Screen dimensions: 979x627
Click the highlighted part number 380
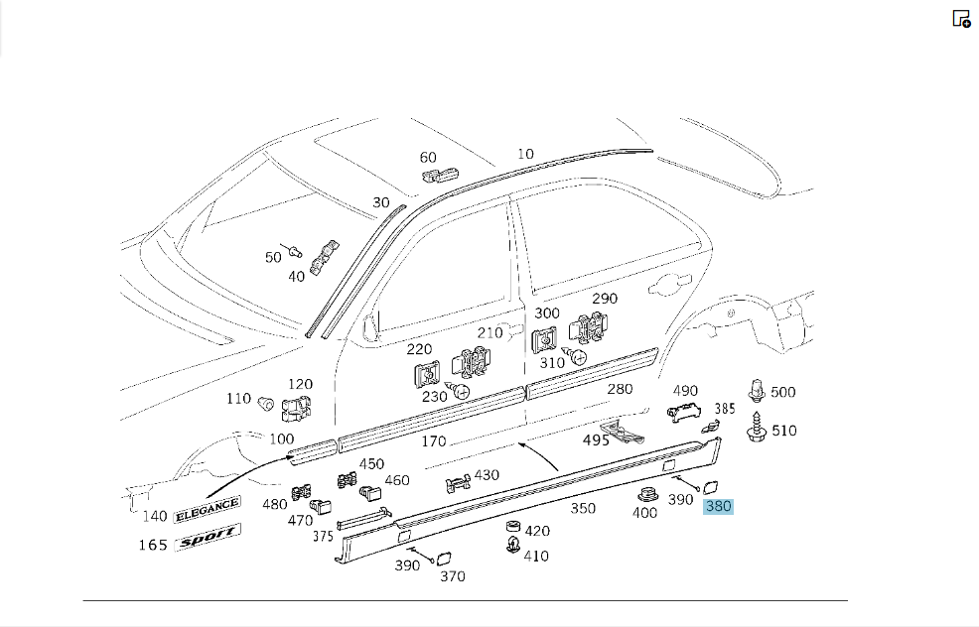718,506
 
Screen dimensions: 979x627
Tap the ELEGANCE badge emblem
207,509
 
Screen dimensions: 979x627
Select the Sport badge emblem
208,537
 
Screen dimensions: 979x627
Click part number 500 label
783,392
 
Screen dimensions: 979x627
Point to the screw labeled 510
757,427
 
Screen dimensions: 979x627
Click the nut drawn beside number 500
757,391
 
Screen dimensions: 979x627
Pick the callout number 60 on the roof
428,157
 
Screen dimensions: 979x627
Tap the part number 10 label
525,154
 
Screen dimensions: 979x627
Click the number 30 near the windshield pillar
381,202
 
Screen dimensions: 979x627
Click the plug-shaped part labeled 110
265,402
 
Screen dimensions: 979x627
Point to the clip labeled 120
297,410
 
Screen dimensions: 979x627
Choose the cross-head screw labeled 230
459,391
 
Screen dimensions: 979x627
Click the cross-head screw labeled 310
576,356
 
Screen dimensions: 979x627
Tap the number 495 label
596,440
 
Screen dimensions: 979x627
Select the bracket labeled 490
684,411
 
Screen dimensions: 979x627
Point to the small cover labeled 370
444,559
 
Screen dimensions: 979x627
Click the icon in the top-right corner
961,19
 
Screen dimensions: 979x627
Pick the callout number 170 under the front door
433,441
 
